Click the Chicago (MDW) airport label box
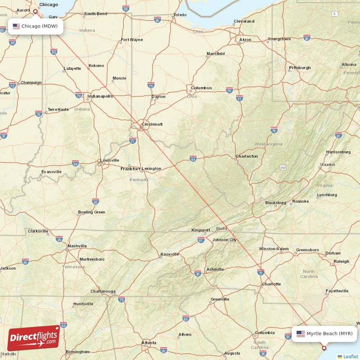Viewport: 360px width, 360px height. pyautogui.click(x=35, y=26)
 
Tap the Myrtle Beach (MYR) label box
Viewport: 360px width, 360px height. pyautogui.click(x=324, y=333)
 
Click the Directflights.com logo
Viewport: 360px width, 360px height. pyautogui.click(x=34, y=338)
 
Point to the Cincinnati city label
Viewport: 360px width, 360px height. pyautogui.click(x=152, y=124)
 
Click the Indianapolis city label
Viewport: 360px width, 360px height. pyautogui.click(x=100, y=96)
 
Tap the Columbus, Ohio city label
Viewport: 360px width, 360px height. pyautogui.click(x=201, y=88)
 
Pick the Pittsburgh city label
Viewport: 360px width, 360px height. pyautogui.click(x=300, y=67)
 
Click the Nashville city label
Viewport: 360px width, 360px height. pyautogui.click(x=77, y=246)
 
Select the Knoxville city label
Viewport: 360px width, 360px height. pyautogui.click(x=170, y=254)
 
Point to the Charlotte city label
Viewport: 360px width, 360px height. pyautogui.click(x=271, y=284)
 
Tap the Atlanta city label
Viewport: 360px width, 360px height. pyautogui.click(x=149, y=342)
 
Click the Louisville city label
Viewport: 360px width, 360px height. pyautogui.click(x=110, y=160)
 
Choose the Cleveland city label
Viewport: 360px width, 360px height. pyautogui.click(x=244, y=21)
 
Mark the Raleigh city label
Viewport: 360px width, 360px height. pyautogui.click(x=341, y=261)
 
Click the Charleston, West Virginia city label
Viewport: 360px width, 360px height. pyautogui.click(x=247, y=156)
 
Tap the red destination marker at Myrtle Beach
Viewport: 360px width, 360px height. pyautogui.click(x=324, y=347)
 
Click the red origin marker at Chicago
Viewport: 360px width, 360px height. pyautogui.click(x=36, y=11)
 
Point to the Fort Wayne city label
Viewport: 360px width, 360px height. pyautogui.click(x=132, y=40)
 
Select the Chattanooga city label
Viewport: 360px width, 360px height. pyautogui.click(x=103, y=291)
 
